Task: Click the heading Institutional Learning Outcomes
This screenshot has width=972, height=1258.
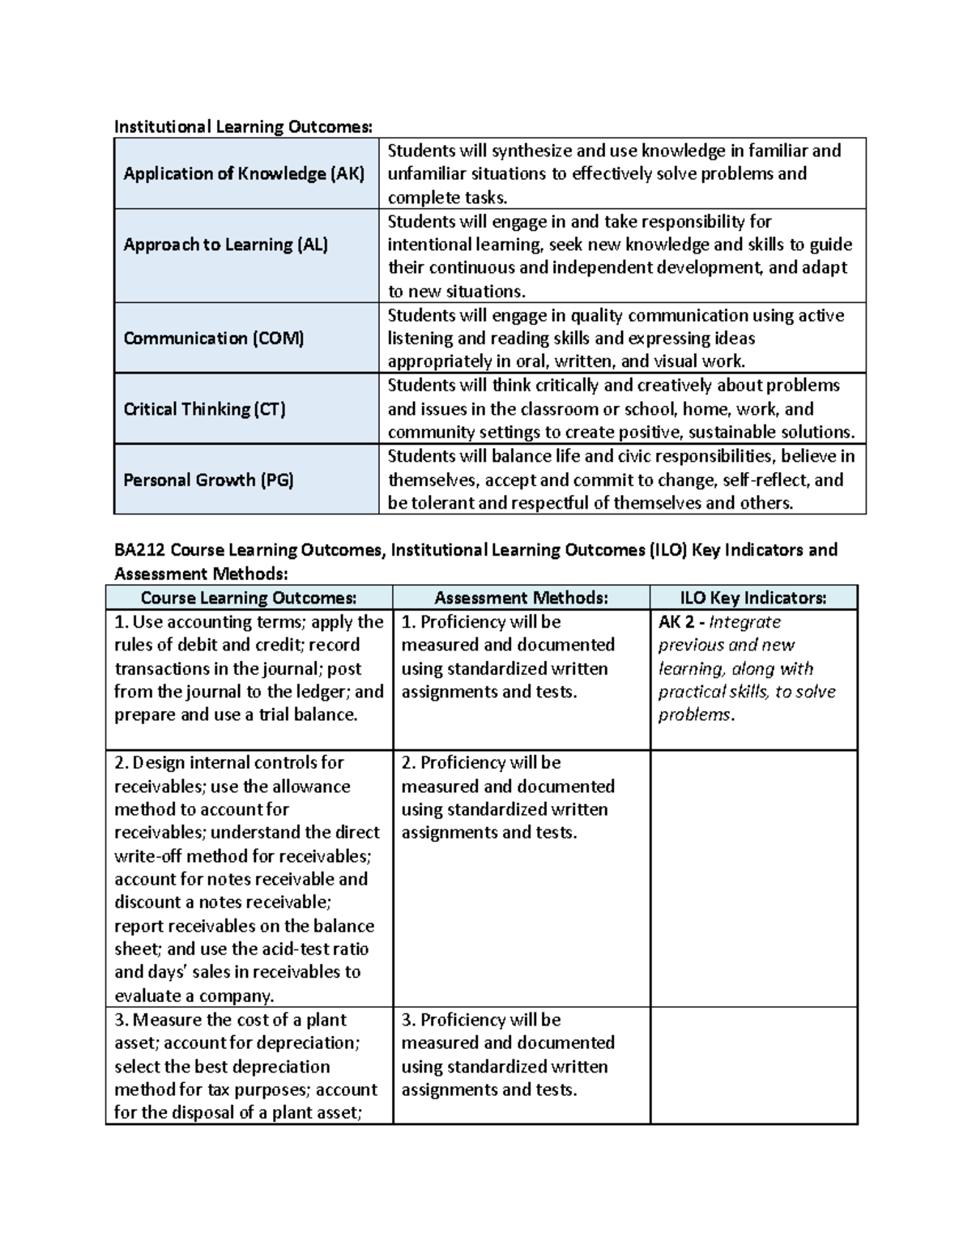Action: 244,126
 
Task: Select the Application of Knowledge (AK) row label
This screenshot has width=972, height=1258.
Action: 244,173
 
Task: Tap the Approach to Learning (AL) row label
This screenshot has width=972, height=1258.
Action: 225,245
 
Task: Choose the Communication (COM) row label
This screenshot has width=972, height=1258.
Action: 213,339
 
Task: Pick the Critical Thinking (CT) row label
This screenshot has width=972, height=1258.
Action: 204,409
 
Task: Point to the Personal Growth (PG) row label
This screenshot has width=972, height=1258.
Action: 208,480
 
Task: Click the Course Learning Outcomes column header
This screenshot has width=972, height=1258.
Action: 249,598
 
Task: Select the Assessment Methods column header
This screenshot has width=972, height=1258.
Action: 521,598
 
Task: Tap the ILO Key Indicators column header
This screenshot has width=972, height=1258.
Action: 753,598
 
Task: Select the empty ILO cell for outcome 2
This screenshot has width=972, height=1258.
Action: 753,878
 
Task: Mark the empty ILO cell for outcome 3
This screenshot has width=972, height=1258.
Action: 753,1065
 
